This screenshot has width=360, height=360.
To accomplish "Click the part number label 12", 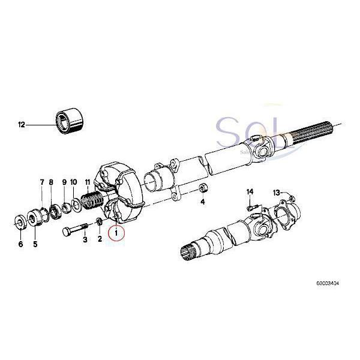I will [x=22, y=125].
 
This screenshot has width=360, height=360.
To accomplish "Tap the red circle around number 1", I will [x=116, y=231].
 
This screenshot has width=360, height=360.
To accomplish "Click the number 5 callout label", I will [x=35, y=244].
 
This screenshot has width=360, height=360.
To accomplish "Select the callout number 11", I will [x=87, y=182].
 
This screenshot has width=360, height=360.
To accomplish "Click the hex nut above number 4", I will [x=203, y=189].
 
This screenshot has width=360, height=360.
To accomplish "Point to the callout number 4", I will [x=203, y=202].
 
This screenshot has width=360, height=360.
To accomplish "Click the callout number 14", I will [x=250, y=192].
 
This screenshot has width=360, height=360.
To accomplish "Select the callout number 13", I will [x=277, y=193].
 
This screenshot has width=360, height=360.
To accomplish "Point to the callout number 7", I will [x=42, y=182].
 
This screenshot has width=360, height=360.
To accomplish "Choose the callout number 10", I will [x=73, y=182].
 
